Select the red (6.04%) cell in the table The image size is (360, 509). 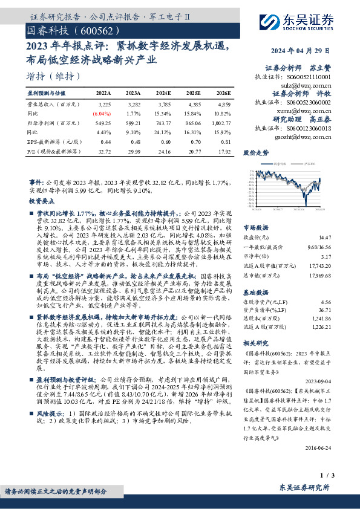102,113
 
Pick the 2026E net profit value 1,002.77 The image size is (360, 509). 221,122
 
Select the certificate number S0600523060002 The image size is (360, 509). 306,103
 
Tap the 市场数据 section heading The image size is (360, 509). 256,227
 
